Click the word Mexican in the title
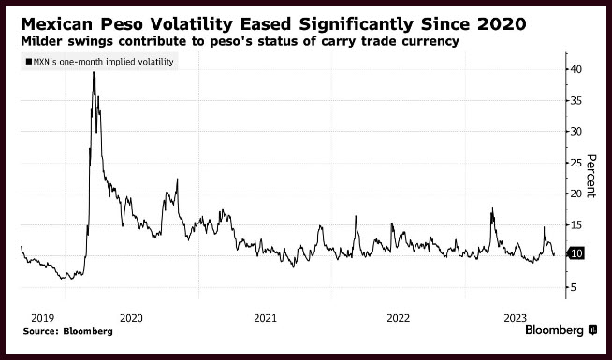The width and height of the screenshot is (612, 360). click(56, 24)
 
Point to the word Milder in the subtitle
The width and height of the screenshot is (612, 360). click(40, 41)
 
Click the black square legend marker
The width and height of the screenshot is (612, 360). click(28, 62)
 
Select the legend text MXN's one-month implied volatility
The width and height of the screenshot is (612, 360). click(104, 62)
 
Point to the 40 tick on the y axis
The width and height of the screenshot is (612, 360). click(576, 69)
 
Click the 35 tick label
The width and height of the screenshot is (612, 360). click(576, 101)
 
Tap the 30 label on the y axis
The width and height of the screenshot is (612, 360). click(576, 132)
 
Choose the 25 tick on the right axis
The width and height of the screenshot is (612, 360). click(576, 163)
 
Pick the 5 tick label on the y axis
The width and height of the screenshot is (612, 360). click(574, 287)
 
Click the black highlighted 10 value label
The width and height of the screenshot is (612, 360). click(576, 253)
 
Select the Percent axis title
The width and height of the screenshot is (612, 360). click(591, 176)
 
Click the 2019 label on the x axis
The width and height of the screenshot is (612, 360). click(42, 318)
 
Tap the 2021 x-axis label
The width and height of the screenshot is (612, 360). click(265, 318)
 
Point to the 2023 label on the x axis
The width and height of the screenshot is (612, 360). click(516, 318)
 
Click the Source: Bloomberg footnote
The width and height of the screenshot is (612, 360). click(68, 332)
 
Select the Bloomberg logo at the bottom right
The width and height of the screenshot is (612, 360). click(561, 330)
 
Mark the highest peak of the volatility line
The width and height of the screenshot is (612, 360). click(94, 72)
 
